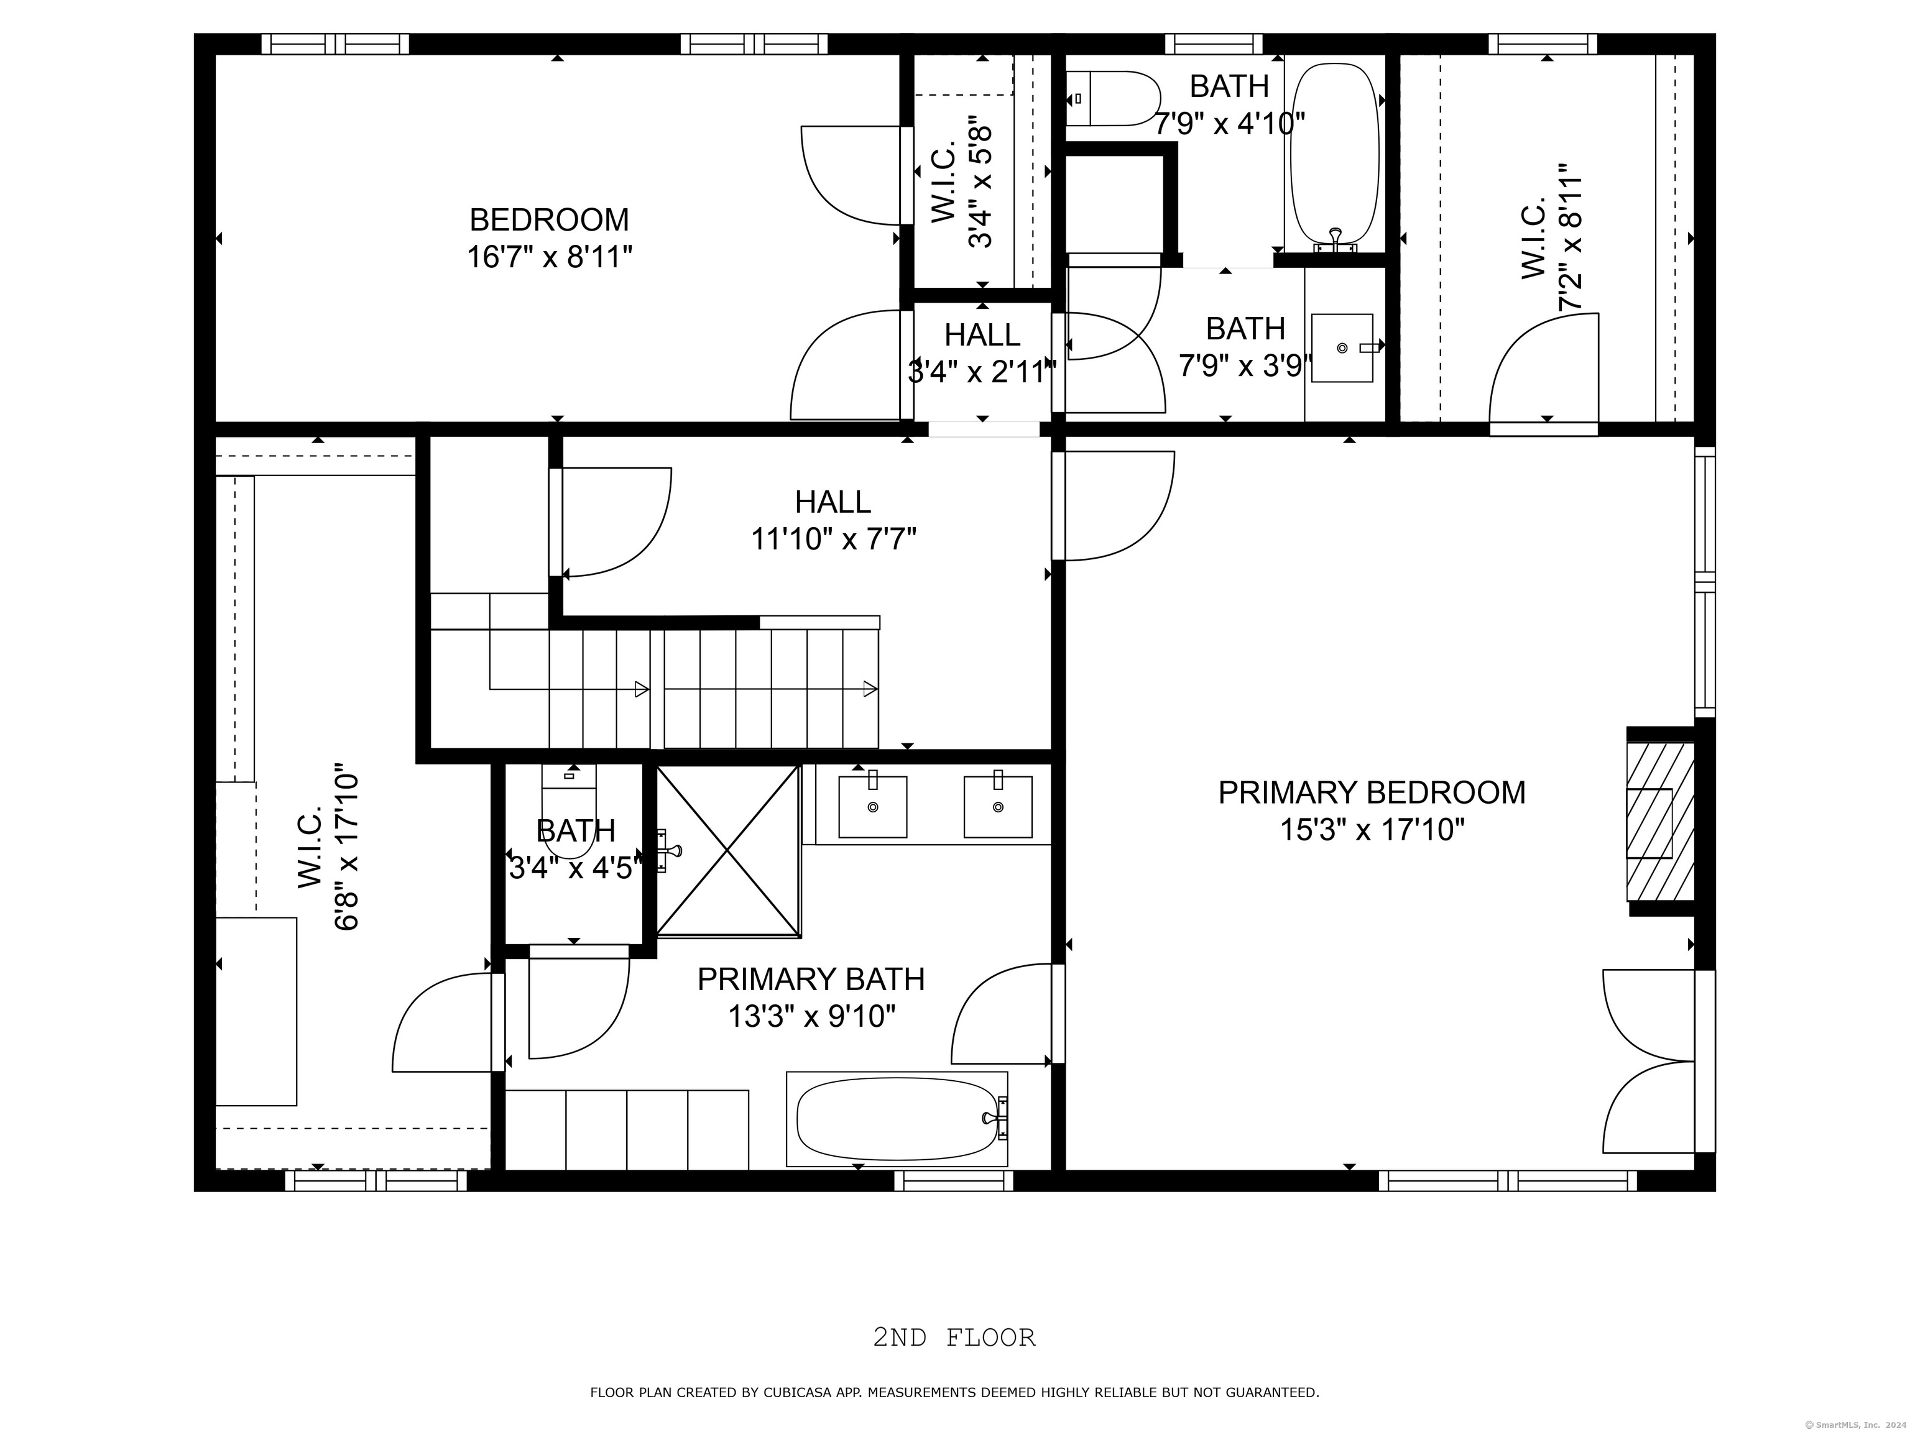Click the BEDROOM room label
click(x=549, y=220)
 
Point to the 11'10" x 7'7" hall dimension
click(x=833, y=539)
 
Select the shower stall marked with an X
click(x=729, y=851)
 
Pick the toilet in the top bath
click(x=1114, y=98)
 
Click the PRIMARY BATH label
click(x=811, y=980)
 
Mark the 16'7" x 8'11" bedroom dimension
click(x=549, y=257)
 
